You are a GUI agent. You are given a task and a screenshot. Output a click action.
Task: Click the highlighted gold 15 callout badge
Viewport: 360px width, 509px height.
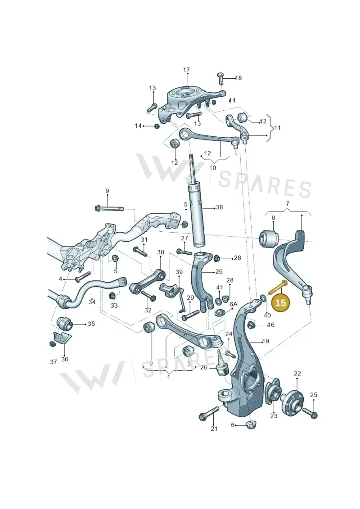click(x=280, y=302)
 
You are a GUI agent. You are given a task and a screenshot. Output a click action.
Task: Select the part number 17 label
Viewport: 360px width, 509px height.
click(x=186, y=70)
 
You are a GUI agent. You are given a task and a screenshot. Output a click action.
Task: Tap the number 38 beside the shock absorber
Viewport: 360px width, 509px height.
click(x=220, y=207)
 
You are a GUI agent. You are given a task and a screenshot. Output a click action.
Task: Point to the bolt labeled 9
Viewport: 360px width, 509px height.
click(x=109, y=208)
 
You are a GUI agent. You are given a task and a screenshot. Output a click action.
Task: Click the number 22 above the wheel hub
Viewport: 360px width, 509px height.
click(x=297, y=374)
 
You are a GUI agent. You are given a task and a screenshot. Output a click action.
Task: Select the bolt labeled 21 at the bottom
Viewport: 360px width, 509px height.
click(x=209, y=412)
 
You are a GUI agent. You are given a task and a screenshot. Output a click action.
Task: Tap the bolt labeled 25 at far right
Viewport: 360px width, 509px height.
click(x=310, y=412)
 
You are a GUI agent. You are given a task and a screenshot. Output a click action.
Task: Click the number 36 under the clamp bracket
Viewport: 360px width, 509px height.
click(x=65, y=359)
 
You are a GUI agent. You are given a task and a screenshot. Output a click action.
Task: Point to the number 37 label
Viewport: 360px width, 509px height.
click(x=54, y=362)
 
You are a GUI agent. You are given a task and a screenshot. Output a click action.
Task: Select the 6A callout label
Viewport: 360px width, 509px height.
click(x=234, y=304)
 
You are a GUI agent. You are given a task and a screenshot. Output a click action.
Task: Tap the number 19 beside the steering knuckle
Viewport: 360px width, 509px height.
click(x=265, y=341)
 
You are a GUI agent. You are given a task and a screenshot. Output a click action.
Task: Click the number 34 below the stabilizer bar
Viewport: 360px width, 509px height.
click(x=92, y=302)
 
